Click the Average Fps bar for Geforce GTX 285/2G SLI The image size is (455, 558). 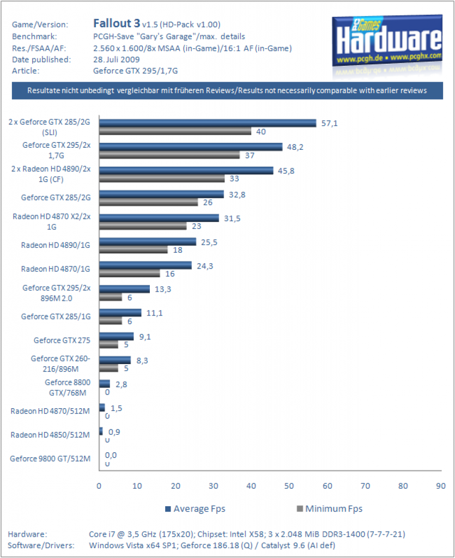[x=208, y=123]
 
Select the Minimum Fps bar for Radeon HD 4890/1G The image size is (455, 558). [x=134, y=250]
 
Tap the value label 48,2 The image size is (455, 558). [x=295, y=147]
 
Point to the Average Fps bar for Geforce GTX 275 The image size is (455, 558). [x=116, y=336]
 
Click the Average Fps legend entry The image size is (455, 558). [x=195, y=509]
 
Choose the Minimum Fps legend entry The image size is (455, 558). [x=330, y=509]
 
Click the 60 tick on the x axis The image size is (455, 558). [x=327, y=486]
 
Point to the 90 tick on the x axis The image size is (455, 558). [x=441, y=486]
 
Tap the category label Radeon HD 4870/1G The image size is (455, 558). [x=56, y=269]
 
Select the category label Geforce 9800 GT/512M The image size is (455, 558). [x=50, y=459]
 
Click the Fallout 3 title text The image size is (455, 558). [x=117, y=23]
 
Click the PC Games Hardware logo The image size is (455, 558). [x=387, y=43]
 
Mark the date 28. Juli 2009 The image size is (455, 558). [x=116, y=59]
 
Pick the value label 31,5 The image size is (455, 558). [x=232, y=218]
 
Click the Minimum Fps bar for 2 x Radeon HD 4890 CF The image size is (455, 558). [x=162, y=179]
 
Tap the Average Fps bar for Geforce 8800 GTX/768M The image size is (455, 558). [x=105, y=384]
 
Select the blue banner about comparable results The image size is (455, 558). [x=227, y=91]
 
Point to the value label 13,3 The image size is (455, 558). [x=163, y=289]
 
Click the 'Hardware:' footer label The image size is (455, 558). [x=27, y=534]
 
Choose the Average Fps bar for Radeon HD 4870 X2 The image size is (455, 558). [x=159, y=218]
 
